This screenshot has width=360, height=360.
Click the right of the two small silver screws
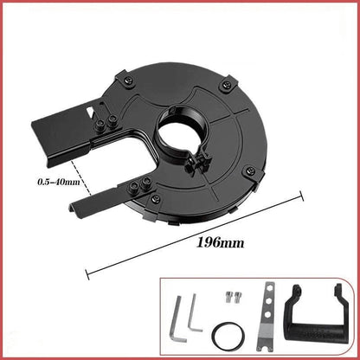point(233,299)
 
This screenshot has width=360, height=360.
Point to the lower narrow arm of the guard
point(95,204)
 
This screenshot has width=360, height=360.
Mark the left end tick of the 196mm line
point(87,275)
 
